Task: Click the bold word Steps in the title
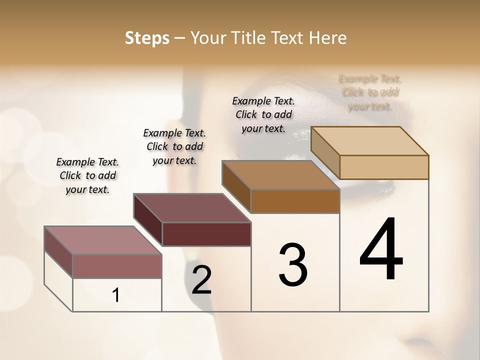pos(147,38)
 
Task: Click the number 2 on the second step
pos(202,280)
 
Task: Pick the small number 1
pos(116,295)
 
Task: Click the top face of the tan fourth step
pos(370,140)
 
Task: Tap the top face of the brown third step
pos(280,175)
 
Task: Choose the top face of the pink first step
pos(103,240)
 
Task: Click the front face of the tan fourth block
pos(384,167)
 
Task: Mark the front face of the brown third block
pos(295,201)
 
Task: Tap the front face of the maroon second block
pos(206,234)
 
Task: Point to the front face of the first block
pos(117,266)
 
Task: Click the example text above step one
pos(87,175)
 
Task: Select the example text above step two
pos(174,146)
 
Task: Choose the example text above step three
pos(263,114)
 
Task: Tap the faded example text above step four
pos(370,92)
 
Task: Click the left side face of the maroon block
pos(148,219)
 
